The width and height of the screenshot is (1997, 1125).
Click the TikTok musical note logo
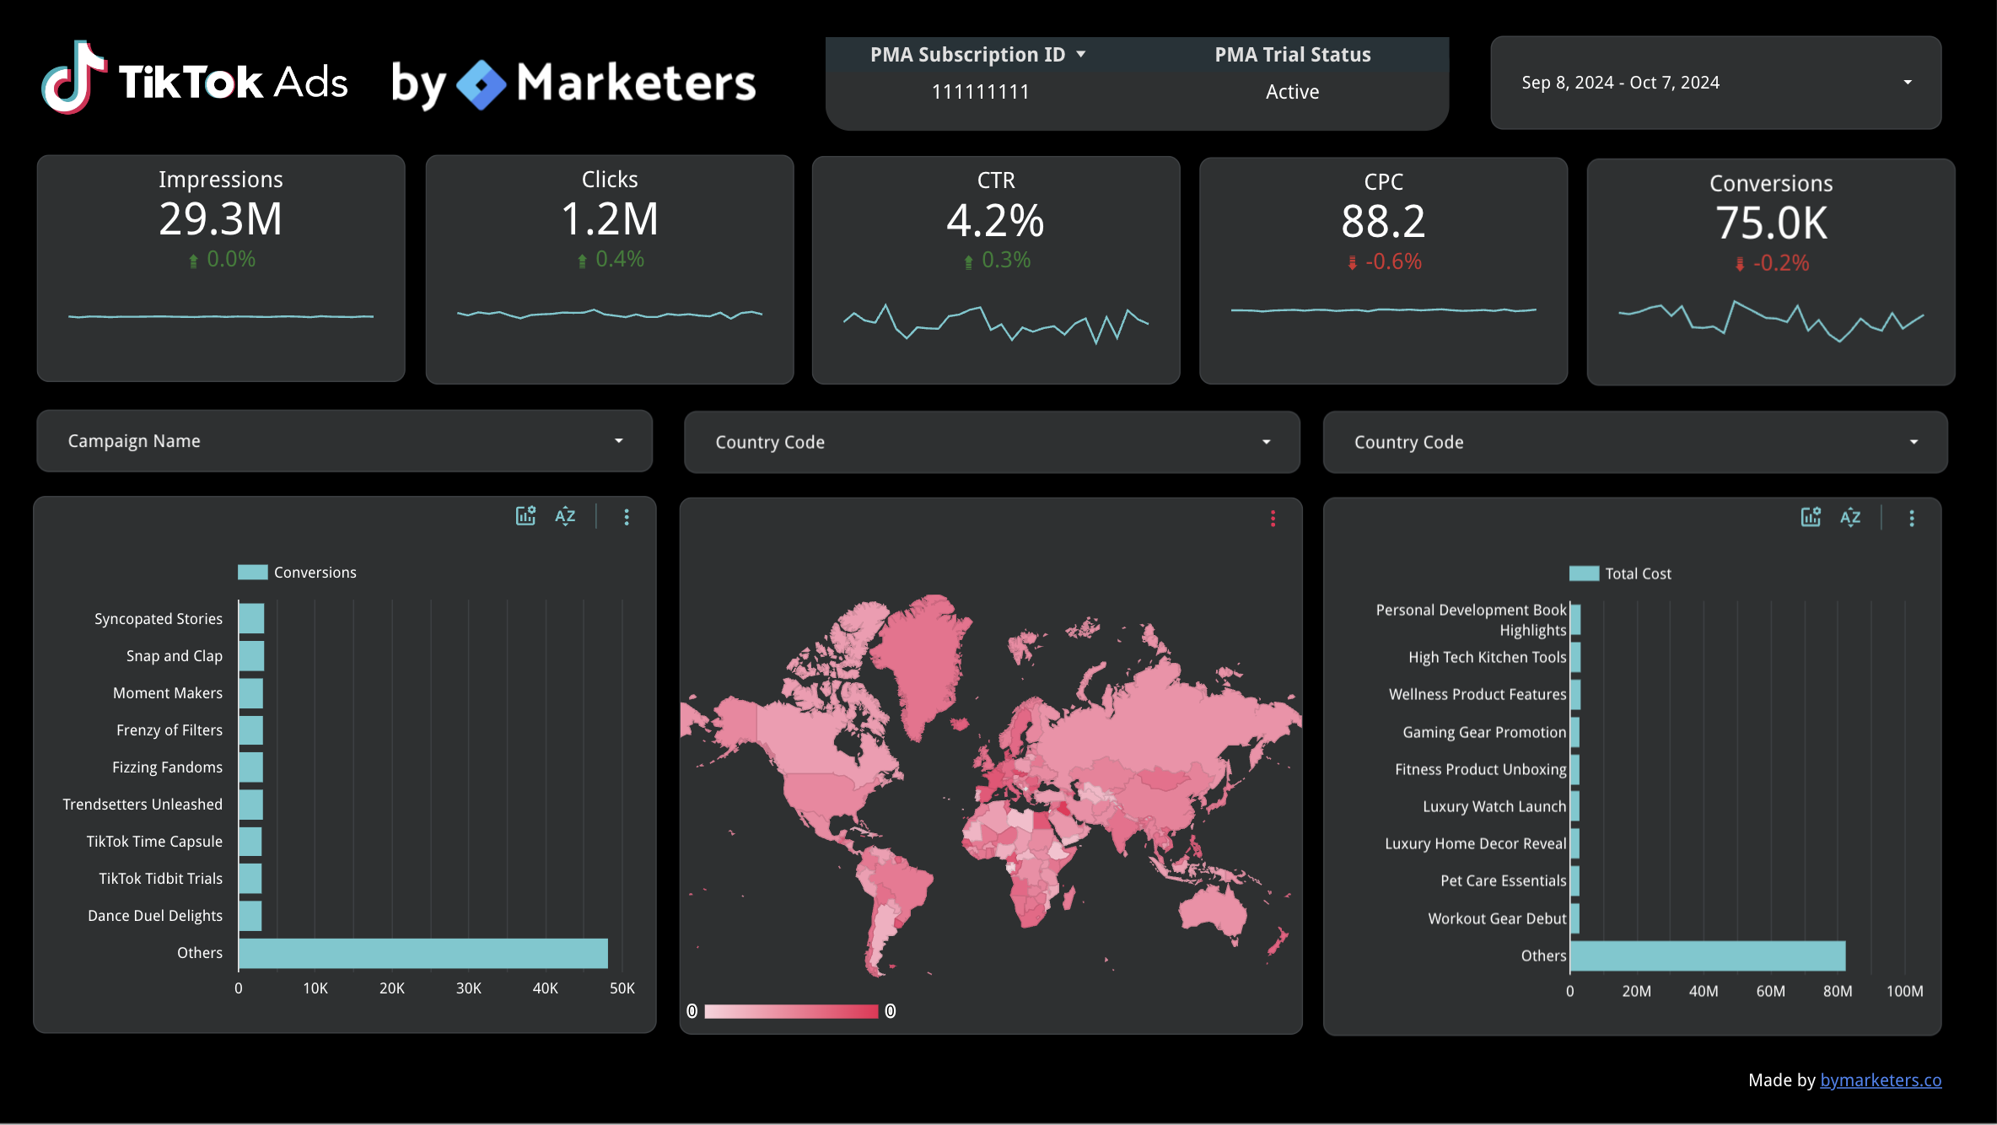[x=74, y=78]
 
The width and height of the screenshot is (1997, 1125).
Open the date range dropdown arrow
[x=1907, y=83]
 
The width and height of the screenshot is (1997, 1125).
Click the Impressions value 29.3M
[x=220, y=219]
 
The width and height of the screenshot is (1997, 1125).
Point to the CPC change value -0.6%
[x=1392, y=261]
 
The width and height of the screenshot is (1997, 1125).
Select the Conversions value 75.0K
[x=1771, y=223]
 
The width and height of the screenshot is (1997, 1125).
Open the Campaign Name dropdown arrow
[x=618, y=441]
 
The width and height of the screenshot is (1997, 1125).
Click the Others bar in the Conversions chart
[x=423, y=953]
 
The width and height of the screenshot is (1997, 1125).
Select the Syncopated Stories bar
[x=251, y=618]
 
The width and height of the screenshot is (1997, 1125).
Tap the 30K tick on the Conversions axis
[x=468, y=988]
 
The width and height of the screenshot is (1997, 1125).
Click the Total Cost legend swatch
[x=1583, y=573]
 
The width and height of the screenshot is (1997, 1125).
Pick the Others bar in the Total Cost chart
[x=1708, y=955]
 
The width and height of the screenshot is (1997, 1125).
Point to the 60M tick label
[x=1770, y=992]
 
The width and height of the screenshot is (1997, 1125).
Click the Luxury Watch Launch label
[x=1494, y=806]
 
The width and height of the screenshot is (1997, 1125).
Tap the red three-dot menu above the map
[x=1273, y=519]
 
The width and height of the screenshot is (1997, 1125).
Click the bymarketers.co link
[x=1880, y=1080]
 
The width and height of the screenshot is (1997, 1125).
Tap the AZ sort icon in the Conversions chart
[x=565, y=516]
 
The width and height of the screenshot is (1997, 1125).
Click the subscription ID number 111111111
[x=980, y=92]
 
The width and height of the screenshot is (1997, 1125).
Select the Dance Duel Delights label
[x=155, y=916]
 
